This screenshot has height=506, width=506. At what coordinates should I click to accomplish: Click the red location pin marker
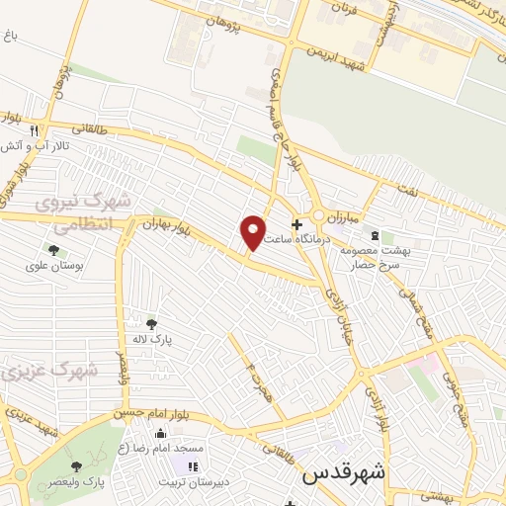[x=254, y=231]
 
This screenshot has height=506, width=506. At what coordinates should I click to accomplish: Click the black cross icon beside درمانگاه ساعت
[x=296, y=224]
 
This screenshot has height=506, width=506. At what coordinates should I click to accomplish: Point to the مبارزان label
[x=349, y=213]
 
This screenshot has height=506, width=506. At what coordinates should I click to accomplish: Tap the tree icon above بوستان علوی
[x=51, y=250]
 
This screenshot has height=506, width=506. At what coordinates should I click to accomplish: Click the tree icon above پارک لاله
[x=151, y=323]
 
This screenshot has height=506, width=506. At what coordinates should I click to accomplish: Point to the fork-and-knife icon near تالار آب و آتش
[x=35, y=129]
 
